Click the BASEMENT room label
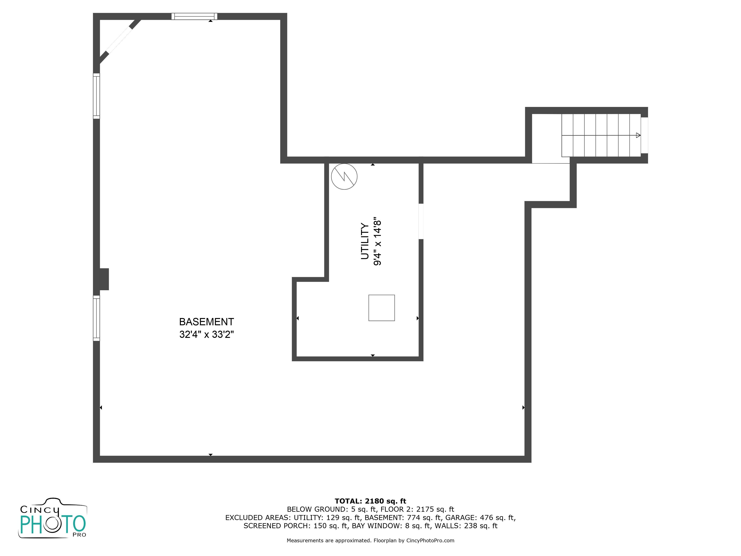pos(206,322)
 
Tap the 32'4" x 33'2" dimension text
pos(206,335)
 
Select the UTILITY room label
pos(365,241)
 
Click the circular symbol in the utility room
pos(344,177)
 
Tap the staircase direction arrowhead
pos(638,135)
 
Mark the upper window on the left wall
pos(97,96)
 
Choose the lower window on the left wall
pos(97,318)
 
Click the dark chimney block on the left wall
pos(104,279)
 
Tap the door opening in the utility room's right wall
pos(421,221)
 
